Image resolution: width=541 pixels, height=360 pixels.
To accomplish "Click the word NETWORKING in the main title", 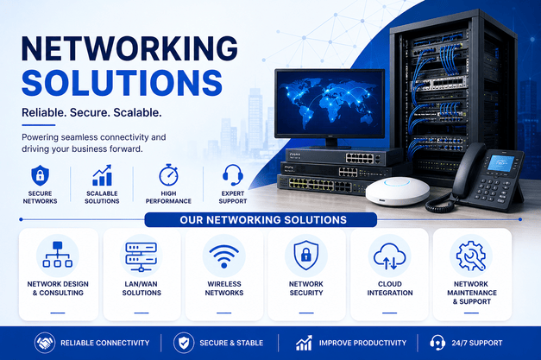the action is (129, 48).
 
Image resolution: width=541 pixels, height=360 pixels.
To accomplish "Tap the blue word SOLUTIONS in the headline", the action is (123, 83).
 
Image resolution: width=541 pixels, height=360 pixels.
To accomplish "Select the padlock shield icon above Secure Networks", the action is (40, 175).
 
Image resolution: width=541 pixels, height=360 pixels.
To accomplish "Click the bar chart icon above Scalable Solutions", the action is (102, 175).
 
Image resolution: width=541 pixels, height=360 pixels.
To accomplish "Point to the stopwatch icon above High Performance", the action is (168, 175).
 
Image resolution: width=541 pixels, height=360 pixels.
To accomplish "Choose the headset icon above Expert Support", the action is (233, 175).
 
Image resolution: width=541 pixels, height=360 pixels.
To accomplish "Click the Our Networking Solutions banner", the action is (261, 220).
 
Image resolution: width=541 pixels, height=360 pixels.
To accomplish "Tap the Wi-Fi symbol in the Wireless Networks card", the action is (224, 256).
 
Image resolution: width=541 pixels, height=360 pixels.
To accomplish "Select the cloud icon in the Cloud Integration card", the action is (389, 256).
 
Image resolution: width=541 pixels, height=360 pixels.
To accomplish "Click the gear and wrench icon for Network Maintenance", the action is (471, 256).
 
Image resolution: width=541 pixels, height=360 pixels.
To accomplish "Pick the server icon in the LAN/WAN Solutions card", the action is (142, 256).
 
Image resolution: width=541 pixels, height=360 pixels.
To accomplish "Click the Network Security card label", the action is (306, 288).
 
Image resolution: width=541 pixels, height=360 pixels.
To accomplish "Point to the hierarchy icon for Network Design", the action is (58, 255).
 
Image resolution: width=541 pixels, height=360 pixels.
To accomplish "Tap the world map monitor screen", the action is (330, 104).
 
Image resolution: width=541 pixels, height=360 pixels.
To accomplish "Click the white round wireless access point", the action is (398, 191).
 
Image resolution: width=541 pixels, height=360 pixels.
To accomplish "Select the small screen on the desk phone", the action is (500, 163).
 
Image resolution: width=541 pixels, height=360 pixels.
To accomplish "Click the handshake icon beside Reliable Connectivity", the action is (45, 343).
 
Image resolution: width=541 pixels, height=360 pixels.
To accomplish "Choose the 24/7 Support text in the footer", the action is (477, 343).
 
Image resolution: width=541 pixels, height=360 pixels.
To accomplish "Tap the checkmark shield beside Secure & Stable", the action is (184, 343).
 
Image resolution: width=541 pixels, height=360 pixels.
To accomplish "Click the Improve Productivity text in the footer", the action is (362, 343).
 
